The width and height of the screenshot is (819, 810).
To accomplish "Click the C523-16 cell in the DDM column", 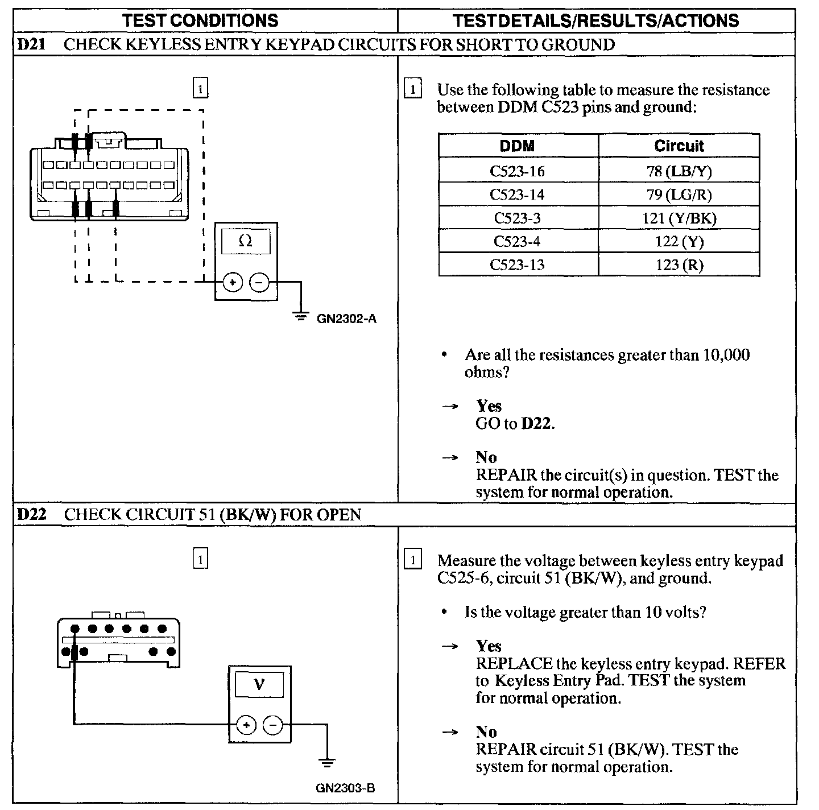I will pos(517,171).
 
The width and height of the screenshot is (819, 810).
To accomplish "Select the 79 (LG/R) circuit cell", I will pos(679,195).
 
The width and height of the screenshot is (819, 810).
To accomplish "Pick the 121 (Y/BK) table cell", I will pos(679,218).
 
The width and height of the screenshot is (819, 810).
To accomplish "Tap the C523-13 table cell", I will pos(517,265).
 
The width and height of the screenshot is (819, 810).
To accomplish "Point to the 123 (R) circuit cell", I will pos(679,265).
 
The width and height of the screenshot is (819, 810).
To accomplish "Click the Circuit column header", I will pos(679,146).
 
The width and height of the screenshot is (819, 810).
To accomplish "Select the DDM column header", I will pos(517,146).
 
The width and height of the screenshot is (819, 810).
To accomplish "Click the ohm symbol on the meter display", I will pos(246,241).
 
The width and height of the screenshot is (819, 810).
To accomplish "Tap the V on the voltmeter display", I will pos(259,683).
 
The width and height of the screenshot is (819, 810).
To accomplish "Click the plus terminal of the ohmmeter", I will pos(233,282).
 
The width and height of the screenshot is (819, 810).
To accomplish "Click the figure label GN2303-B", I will pos(345,788).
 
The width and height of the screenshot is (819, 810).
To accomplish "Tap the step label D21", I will pos(32,45).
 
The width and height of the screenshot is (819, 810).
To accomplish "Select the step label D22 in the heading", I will pos(32,515).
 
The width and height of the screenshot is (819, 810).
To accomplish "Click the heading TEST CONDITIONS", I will pos(201,21).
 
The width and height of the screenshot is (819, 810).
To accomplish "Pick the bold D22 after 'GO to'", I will pos(537,424).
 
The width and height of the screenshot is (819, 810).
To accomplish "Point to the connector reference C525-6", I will pos(461,578).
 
